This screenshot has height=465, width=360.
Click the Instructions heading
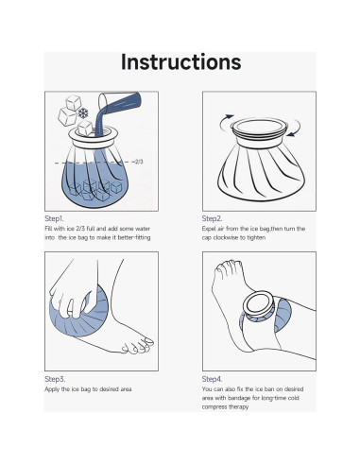pyautogui.click(x=181, y=62)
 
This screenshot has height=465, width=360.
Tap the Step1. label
pyautogui.click(x=54, y=218)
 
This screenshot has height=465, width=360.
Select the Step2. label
pyautogui.click(x=212, y=218)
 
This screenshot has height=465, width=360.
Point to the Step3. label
pyautogui.click(x=55, y=379)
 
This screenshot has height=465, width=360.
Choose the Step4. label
pyautogui.click(x=212, y=379)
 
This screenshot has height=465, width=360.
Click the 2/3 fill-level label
pyautogui.click(x=139, y=162)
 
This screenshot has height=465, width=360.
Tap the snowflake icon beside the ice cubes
pyautogui.click(x=83, y=113)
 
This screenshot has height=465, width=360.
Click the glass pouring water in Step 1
pyautogui.click(x=119, y=101)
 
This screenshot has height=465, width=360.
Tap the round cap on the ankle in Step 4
pyautogui.click(x=259, y=306)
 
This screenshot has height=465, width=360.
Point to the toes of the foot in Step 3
pyautogui.click(x=138, y=346)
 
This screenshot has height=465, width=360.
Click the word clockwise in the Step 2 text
pyautogui.click(x=230, y=237)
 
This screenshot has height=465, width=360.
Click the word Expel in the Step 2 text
pyautogui.click(x=209, y=229)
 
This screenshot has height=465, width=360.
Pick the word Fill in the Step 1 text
pyautogui.click(x=48, y=229)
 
